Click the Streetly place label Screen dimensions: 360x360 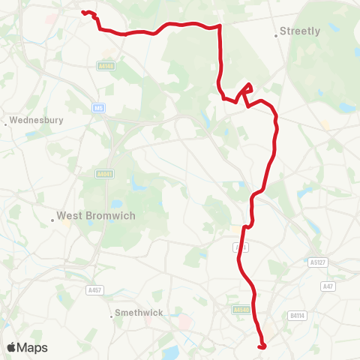click(299, 31)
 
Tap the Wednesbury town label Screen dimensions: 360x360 click(37, 119)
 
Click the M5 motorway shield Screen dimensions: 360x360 click(98, 108)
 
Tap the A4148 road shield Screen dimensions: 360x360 click(105, 66)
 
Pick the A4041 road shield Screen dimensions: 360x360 click(104, 174)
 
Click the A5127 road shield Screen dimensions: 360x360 click(319, 262)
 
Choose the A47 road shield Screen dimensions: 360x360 click(327, 286)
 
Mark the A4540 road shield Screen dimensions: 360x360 click(240, 309)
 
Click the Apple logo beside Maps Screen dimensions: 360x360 click(13, 347)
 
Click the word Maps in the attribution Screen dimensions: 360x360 click(33, 347)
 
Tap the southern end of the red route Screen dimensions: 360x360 click(262, 346)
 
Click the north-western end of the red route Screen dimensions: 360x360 click(83, 12)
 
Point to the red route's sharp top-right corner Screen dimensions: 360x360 click(219, 26)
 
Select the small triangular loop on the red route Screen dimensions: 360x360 click(244, 92)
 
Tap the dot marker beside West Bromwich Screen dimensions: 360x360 click(53, 220)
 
